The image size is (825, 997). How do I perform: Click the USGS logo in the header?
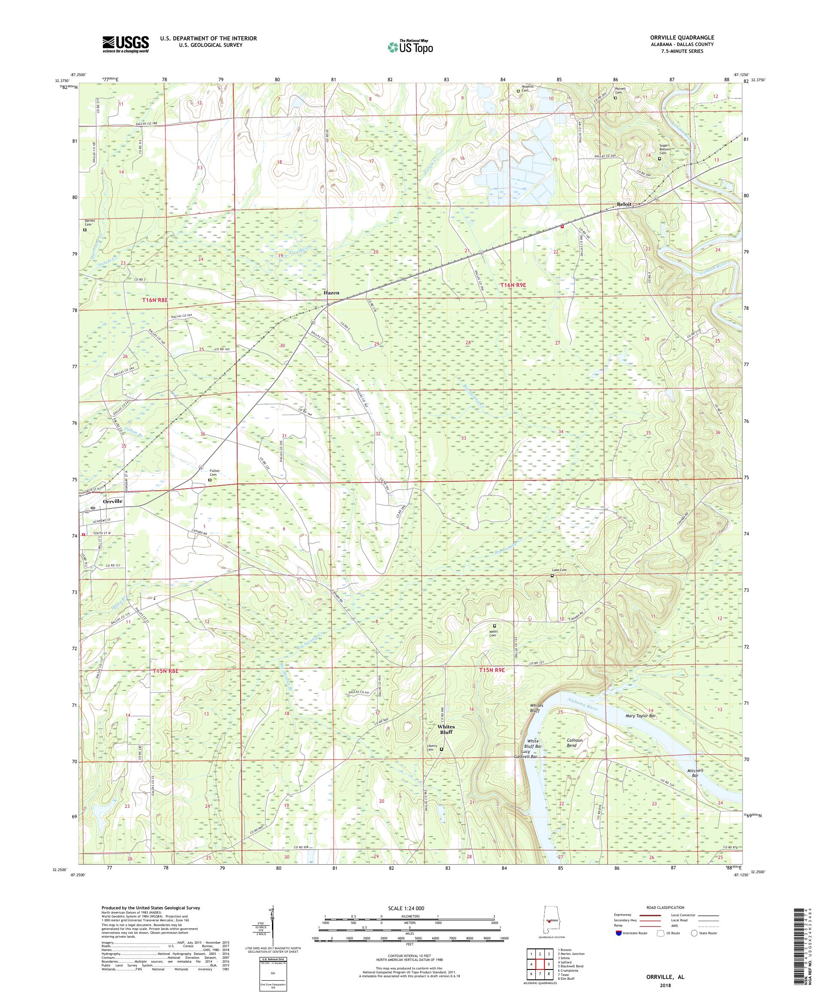coord(125,45)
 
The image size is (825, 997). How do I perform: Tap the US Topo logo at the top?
coord(411,46)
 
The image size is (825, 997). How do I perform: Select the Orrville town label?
coord(113,501)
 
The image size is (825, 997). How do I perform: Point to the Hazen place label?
coord(331,293)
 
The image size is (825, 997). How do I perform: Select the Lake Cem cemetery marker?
coord(552,575)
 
